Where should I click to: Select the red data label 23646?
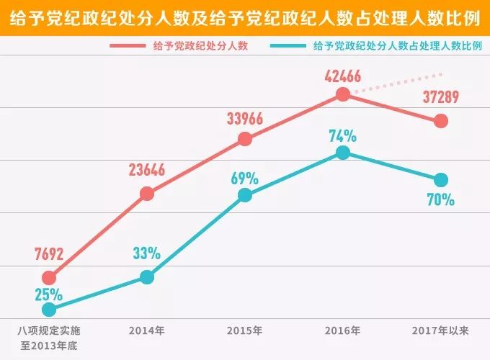tap(147, 170)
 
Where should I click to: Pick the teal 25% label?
tap(48, 294)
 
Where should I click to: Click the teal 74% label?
tap(343, 135)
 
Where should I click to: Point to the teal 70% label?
tap(440, 199)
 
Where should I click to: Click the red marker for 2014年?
tap(147, 194)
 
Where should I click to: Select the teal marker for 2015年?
tap(245, 195)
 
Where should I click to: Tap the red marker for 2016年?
tap(343, 94)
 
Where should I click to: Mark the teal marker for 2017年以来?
tap(441, 179)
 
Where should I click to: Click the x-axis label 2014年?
tap(147, 331)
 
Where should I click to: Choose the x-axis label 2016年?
tap(343, 331)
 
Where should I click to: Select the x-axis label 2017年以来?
tap(441, 331)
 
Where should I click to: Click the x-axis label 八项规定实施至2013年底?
tap(49, 338)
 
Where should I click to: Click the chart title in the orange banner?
tap(245, 15)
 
